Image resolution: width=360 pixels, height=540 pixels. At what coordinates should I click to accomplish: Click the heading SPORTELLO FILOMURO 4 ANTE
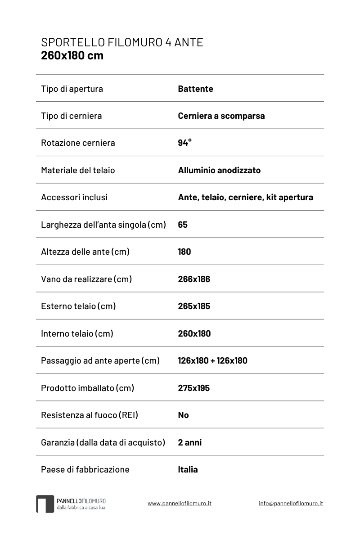(122, 42)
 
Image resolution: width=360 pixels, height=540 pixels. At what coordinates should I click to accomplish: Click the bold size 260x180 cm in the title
(72, 55)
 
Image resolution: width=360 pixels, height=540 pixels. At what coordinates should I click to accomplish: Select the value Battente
(195, 89)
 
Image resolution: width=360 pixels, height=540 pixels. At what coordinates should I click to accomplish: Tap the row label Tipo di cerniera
(71, 116)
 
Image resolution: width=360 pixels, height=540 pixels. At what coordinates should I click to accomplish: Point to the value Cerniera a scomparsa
(221, 116)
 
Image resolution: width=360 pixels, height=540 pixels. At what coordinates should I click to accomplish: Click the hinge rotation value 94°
(184, 143)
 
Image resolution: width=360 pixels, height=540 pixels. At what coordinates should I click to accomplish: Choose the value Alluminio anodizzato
(219, 170)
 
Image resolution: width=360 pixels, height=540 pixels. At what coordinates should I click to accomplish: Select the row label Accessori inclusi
(74, 197)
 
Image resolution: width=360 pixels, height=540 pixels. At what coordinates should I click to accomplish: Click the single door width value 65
(183, 225)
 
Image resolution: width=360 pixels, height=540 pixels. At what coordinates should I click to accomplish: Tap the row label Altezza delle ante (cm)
(85, 252)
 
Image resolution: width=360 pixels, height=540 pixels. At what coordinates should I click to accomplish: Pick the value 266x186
(194, 279)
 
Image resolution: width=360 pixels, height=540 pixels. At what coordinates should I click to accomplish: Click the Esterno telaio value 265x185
(194, 306)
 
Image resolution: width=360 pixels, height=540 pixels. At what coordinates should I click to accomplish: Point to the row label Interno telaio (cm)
(77, 333)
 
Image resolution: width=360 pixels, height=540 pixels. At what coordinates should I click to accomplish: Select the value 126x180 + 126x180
(212, 360)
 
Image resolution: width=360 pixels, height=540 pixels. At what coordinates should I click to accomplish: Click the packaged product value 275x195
(193, 388)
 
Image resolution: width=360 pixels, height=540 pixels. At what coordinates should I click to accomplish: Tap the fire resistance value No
(183, 415)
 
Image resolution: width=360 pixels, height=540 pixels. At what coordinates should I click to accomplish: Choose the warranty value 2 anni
(189, 442)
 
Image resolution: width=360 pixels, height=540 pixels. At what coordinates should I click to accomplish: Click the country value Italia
(188, 469)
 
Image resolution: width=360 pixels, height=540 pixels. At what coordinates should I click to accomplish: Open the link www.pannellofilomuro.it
(179, 504)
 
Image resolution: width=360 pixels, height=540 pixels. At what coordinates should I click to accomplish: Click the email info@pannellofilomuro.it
(291, 504)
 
